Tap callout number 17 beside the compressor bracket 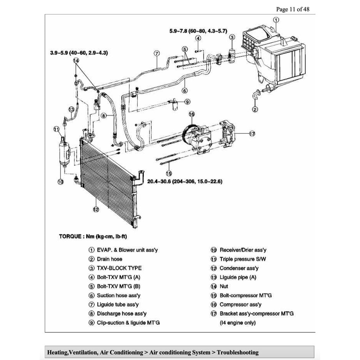252,134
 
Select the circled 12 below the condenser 96,210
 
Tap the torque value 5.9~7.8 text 198,31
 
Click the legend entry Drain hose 109,259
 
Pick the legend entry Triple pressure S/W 242,259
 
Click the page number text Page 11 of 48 293,9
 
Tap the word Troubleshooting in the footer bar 237,352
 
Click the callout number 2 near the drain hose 255,109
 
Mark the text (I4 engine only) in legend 237,323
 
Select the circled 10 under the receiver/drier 60,182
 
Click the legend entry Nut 224,287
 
